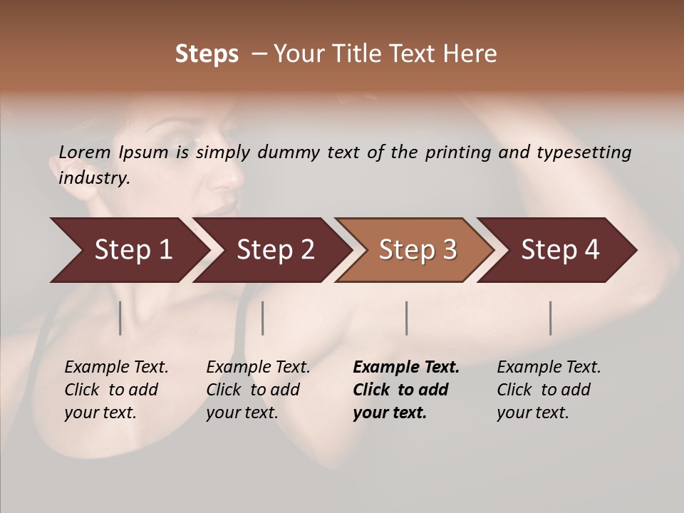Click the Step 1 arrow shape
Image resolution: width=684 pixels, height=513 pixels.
point(128,250)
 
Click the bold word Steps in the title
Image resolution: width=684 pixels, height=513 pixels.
point(207,54)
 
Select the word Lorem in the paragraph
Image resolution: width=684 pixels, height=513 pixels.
point(85,152)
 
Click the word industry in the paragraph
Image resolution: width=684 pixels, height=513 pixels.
point(93,178)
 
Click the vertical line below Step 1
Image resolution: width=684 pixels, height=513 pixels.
point(120,318)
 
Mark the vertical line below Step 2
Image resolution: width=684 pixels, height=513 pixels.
point(263,318)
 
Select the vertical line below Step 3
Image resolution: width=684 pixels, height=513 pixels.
point(407,318)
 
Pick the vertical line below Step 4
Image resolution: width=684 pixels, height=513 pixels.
point(551,318)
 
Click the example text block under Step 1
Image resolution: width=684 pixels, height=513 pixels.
point(116,390)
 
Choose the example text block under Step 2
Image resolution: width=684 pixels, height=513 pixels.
point(258,390)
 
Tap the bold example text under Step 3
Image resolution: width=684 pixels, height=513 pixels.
point(406,390)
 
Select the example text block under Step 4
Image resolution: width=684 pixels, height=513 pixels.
point(549,390)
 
